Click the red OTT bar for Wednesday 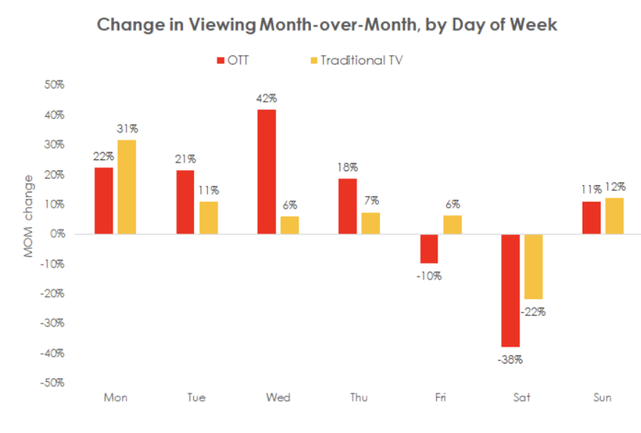[266, 172]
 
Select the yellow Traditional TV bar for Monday [127, 187]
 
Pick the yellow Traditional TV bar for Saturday [533, 266]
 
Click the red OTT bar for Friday [429, 249]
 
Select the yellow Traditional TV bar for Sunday [614, 215]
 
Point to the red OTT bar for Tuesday [186, 202]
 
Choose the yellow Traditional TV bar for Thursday [370, 223]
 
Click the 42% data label [266, 98]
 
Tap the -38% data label [510, 360]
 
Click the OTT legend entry [233, 60]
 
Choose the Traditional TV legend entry [356, 60]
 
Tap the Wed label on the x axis [278, 398]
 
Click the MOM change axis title [29, 216]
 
